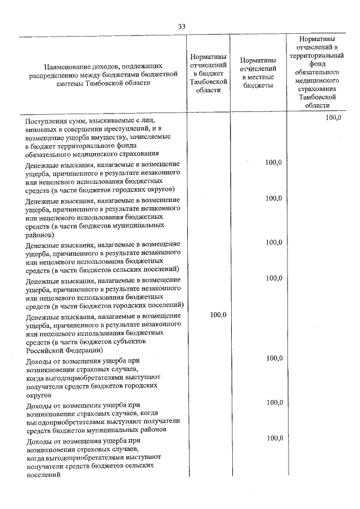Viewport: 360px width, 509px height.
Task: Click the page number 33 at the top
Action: click(181, 26)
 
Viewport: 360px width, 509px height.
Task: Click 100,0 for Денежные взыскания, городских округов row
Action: click(273, 162)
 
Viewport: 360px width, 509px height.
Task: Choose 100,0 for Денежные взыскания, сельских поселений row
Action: click(273, 242)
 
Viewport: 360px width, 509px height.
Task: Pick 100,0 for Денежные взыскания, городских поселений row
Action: click(273, 278)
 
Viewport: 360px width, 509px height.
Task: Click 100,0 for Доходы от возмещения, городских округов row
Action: click(273, 358)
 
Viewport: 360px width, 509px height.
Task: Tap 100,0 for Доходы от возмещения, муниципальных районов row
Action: click(273, 402)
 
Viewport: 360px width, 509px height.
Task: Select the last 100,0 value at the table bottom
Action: click(273, 438)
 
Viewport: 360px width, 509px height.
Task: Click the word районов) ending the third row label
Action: click(40, 236)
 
